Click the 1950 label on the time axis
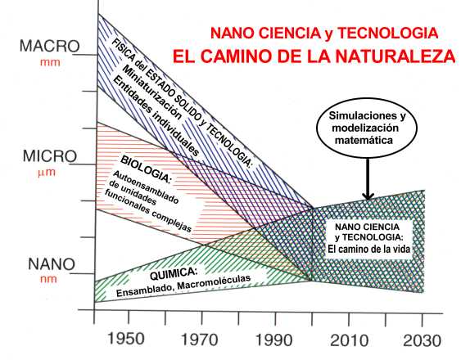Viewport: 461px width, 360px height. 125,339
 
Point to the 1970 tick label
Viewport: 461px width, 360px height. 199,340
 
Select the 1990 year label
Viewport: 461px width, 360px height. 274,340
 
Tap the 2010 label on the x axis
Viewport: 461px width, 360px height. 349,340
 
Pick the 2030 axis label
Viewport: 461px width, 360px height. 423,341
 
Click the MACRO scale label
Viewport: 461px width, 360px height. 50,46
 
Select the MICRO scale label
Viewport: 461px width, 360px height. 50,156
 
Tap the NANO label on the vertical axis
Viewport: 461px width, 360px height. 52,264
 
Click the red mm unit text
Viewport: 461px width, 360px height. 50,62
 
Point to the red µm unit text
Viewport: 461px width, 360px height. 47,173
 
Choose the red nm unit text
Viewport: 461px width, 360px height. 48,279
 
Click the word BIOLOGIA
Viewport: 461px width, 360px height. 146,169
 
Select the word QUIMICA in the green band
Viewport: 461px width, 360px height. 173,273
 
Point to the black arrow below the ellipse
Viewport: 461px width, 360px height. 368,179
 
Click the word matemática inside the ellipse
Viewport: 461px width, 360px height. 364,140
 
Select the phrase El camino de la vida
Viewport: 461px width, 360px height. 368,250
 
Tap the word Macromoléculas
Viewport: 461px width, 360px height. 214,282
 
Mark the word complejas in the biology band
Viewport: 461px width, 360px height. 171,220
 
